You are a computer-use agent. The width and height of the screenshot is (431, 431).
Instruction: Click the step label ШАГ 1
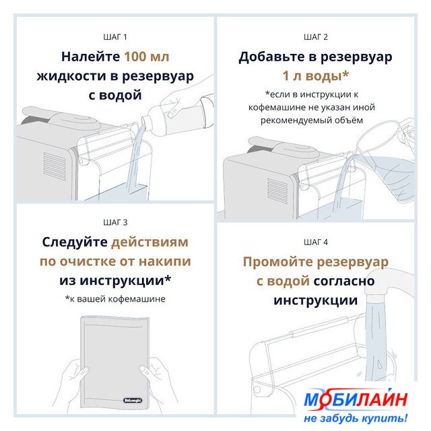click(x=115, y=37)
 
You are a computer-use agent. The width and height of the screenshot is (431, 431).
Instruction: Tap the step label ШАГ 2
click(x=316, y=37)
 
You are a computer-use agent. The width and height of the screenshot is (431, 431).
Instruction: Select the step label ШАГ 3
click(x=115, y=222)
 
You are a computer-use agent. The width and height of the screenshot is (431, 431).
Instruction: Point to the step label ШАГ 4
click(x=316, y=242)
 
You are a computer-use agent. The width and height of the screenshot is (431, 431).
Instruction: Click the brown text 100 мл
click(x=147, y=57)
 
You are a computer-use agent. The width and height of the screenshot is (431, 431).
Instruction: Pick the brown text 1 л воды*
click(x=316, y=76)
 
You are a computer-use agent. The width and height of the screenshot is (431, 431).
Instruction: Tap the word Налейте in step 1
click(x=90, y=57)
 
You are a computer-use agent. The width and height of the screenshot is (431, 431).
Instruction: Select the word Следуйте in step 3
click(x=75, y=242)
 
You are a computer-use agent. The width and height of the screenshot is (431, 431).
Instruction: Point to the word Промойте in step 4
click(x=278, y=262)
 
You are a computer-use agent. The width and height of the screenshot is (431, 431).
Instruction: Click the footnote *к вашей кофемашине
click(x=115, y=299)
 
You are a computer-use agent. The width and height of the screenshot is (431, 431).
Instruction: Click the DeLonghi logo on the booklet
click(x=133, y=400)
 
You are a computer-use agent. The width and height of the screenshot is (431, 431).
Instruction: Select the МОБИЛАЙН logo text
click(x=356, y=399)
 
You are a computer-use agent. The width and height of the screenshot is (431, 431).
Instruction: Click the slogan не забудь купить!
click(x=356, y=418)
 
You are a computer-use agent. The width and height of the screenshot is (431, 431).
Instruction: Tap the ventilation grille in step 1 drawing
click(x=55, y=166)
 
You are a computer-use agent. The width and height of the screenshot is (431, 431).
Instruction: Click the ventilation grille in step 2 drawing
click(x=277, y=191)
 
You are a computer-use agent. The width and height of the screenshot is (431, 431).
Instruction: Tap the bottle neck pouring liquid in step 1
click(x=145, y=121)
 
